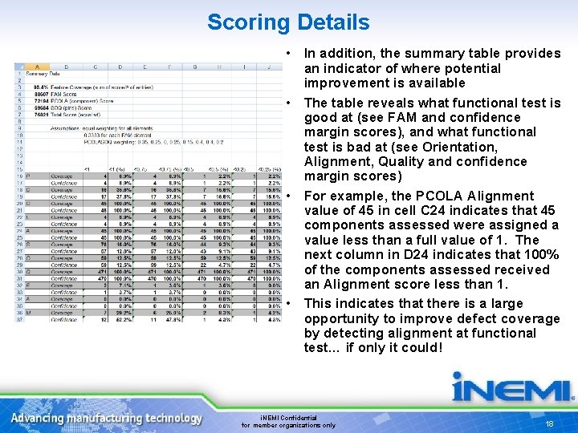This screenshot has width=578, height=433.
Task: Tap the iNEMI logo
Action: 512,387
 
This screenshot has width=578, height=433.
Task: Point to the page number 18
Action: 550,423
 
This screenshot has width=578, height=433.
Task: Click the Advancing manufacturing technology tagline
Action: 106,418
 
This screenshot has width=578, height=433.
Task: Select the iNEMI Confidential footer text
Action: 289,418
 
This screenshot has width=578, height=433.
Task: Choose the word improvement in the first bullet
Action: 340,83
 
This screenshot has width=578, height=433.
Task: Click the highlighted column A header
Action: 38,67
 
